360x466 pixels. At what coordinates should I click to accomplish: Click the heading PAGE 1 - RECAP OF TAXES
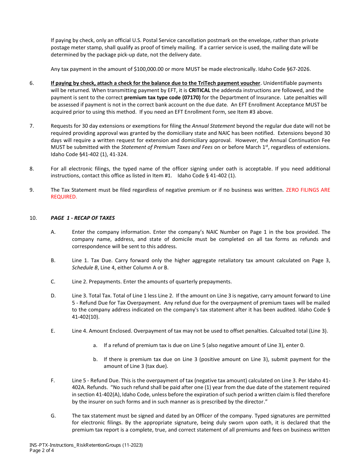(x=83, y=218)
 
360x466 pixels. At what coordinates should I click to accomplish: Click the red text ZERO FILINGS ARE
(x=308, y=190)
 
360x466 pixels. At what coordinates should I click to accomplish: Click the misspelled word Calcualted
(x=282, y=331)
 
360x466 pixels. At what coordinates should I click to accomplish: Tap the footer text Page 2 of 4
(x=42, y=451)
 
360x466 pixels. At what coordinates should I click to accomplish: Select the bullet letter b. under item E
(x=95, y=359)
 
